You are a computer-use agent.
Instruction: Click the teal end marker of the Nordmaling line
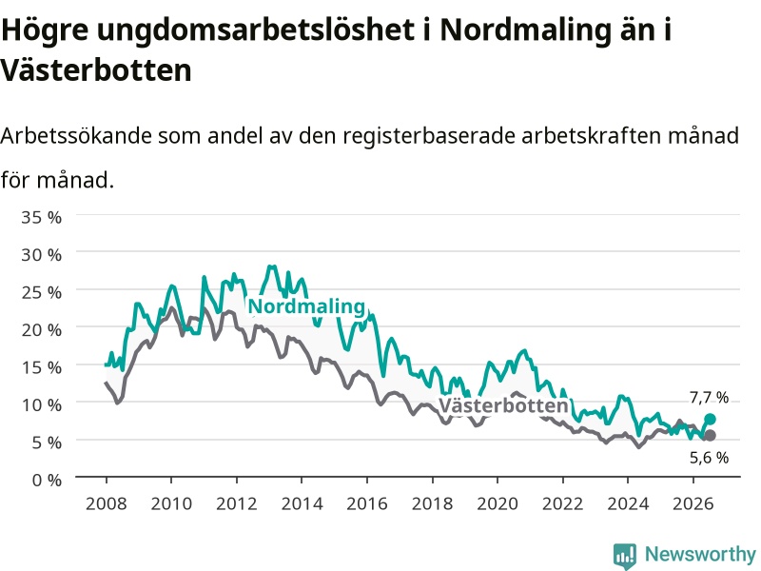coord(710,419)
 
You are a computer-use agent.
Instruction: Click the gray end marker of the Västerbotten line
coord(710,436)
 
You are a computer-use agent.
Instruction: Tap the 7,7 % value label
coord(709,398)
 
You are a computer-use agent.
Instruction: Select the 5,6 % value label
coord(709,458)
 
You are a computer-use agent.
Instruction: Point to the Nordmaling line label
coord(306,306)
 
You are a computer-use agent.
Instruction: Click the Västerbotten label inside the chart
coord(503,405)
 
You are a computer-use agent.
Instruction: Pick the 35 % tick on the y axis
coord(41,217)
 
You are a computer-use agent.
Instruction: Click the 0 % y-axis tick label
coord(47,481)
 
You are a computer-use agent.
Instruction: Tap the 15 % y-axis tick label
coord(41,367)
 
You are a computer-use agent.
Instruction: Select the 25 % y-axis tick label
coord(41,292)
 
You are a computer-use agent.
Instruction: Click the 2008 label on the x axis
coord(107,503)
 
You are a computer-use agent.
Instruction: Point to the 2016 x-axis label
coord(367,503)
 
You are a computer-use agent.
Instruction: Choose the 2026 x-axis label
coord(693,503)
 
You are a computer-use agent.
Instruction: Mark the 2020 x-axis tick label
coord(498,503)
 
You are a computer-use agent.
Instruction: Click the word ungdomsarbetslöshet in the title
coord(255,30)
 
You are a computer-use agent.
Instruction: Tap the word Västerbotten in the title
coord(96,69)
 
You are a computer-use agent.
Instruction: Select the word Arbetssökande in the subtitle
coord(76,135)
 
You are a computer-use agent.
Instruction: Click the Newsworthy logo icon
coord(625,556)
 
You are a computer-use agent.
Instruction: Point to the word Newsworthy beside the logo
coord(700,554)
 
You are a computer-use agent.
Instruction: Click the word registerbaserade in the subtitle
coord(429,136)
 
